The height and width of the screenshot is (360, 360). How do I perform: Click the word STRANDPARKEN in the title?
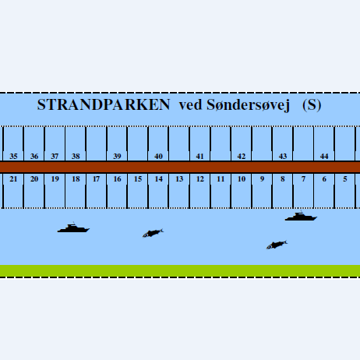[104, 104]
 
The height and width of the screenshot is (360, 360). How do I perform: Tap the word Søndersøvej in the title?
[248, 105]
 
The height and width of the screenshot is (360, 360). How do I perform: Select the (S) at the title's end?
[312, 105]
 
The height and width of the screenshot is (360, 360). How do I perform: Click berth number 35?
[13, 156]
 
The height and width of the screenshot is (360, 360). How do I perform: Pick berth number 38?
[76, 156]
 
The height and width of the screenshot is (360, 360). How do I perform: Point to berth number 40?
[158, 156]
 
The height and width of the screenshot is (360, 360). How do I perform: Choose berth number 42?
[242, 156]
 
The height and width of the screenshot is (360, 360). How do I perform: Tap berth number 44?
[324, 156]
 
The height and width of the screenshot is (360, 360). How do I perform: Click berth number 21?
[13, 179]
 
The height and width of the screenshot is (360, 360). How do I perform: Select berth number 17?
[96, 179]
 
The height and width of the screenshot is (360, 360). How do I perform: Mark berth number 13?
[179, 179]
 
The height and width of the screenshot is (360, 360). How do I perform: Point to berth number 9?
[262, 179]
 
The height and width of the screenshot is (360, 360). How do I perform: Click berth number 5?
[345, 179]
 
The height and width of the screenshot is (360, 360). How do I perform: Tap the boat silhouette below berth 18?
[73, 228]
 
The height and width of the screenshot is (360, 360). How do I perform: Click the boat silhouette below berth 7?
[301, 217]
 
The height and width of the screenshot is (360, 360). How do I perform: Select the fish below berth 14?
[153, 233]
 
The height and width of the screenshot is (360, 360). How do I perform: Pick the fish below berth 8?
[277, 245]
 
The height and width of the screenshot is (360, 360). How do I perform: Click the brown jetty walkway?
[180, 167]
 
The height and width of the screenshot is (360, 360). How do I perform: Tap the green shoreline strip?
[180, 270]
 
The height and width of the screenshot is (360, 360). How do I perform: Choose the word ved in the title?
[190, 105]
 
